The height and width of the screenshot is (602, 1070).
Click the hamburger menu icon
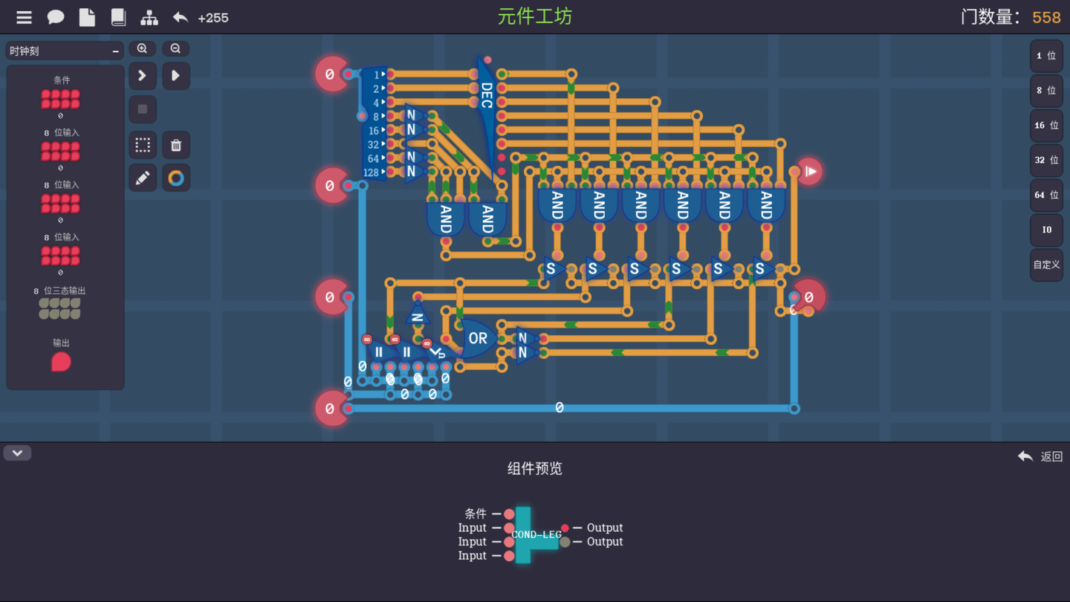pyautogui.click(x=24, y=17)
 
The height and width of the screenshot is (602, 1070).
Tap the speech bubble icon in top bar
pyautogui.click(x=56, y=17)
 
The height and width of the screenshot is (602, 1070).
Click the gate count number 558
pyautogui.click(x=1046, y=17)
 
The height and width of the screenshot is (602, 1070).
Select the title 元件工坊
pyautogui.click(x=534, y=16)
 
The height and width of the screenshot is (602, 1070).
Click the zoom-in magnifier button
pyautogui.click(x=142, y=49)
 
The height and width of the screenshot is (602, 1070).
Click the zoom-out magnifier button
pyautogui.click(x=175, y=49)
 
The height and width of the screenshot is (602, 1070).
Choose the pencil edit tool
pyautogui.click(x=143, y=178)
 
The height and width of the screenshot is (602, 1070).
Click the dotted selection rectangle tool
pyautogui.click(x=143, y=145)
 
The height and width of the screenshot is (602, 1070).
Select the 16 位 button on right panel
pyautogui.click(x=1045, y=126)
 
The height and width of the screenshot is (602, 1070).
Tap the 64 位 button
pyautogui.click(x=1045, y=195)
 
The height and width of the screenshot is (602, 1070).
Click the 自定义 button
pyautogui.click(x=1045, y=265)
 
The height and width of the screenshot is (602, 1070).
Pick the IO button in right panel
pyautogui.click(x=1045, y=230)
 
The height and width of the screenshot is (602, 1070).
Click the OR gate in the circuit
pyautogui.click(x=477, y=338)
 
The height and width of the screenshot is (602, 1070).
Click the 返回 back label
pyautogui.click(x=1051, y=456)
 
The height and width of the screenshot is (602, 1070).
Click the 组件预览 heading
pyautogui.click(x=534, y=468)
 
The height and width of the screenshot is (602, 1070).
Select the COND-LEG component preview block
pyautogui.click(x=535, y=535)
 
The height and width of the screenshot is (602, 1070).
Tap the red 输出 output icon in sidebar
pyautogui.click(x=61, y=362)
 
